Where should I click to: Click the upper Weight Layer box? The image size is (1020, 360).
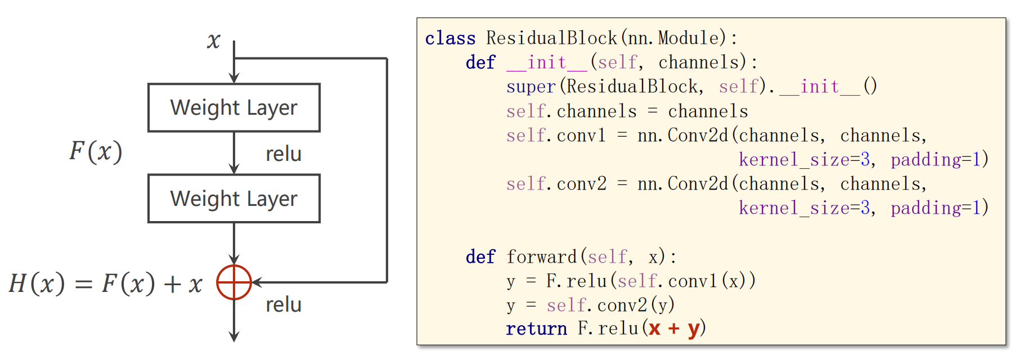coord(234,108)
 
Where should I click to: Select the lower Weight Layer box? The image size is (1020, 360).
coord(234,199)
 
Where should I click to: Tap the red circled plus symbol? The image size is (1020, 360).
coord(234,282)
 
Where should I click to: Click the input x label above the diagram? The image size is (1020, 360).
coord(213,40)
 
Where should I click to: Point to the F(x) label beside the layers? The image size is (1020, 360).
coord(96,151)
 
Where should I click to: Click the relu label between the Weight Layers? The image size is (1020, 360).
coord(284,154)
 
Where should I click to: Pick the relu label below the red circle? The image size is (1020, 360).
coord(284,304)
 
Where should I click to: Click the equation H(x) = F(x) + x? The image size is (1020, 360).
coord(106,283)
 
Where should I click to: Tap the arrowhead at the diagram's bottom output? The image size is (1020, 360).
coord(234,336)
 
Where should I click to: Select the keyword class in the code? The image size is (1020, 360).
coord(450,38)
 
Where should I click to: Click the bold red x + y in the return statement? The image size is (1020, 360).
coord(674,328)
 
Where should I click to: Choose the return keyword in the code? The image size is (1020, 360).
coord(536,328)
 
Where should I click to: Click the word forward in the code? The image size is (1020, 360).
coord(542,257)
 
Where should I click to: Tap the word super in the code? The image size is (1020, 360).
coord(531,87)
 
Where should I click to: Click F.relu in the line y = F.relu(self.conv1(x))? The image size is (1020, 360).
coord(576,281)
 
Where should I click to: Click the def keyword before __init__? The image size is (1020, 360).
coord(480,62)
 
